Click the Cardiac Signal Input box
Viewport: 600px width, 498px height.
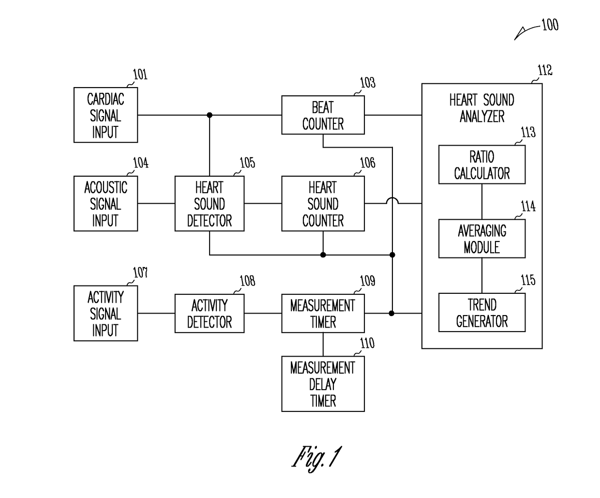[105, 115]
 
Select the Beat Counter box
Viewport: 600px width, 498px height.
[323, 115]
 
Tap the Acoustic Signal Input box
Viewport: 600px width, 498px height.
[105, 203]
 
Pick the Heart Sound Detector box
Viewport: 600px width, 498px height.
[210, 203]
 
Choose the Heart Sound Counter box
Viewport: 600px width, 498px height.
[323, 203]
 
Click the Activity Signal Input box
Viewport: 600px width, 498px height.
[105, 313]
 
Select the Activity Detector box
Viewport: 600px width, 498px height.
[210, 313]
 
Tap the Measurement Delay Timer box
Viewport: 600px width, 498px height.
[323, 384]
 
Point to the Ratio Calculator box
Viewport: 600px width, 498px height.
[482, 165]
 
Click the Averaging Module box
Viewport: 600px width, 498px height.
[482, 239]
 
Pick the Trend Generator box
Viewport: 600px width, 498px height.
[482, 313]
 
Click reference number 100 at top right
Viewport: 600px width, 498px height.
[550, 25]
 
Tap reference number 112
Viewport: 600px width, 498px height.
[545, 70]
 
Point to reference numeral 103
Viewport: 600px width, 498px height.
[368, 83]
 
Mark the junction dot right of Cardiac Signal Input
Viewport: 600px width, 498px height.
[210, 115]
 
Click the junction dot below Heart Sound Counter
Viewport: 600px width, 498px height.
[323, 255]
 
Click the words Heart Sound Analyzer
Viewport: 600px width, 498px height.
[482, 108]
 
